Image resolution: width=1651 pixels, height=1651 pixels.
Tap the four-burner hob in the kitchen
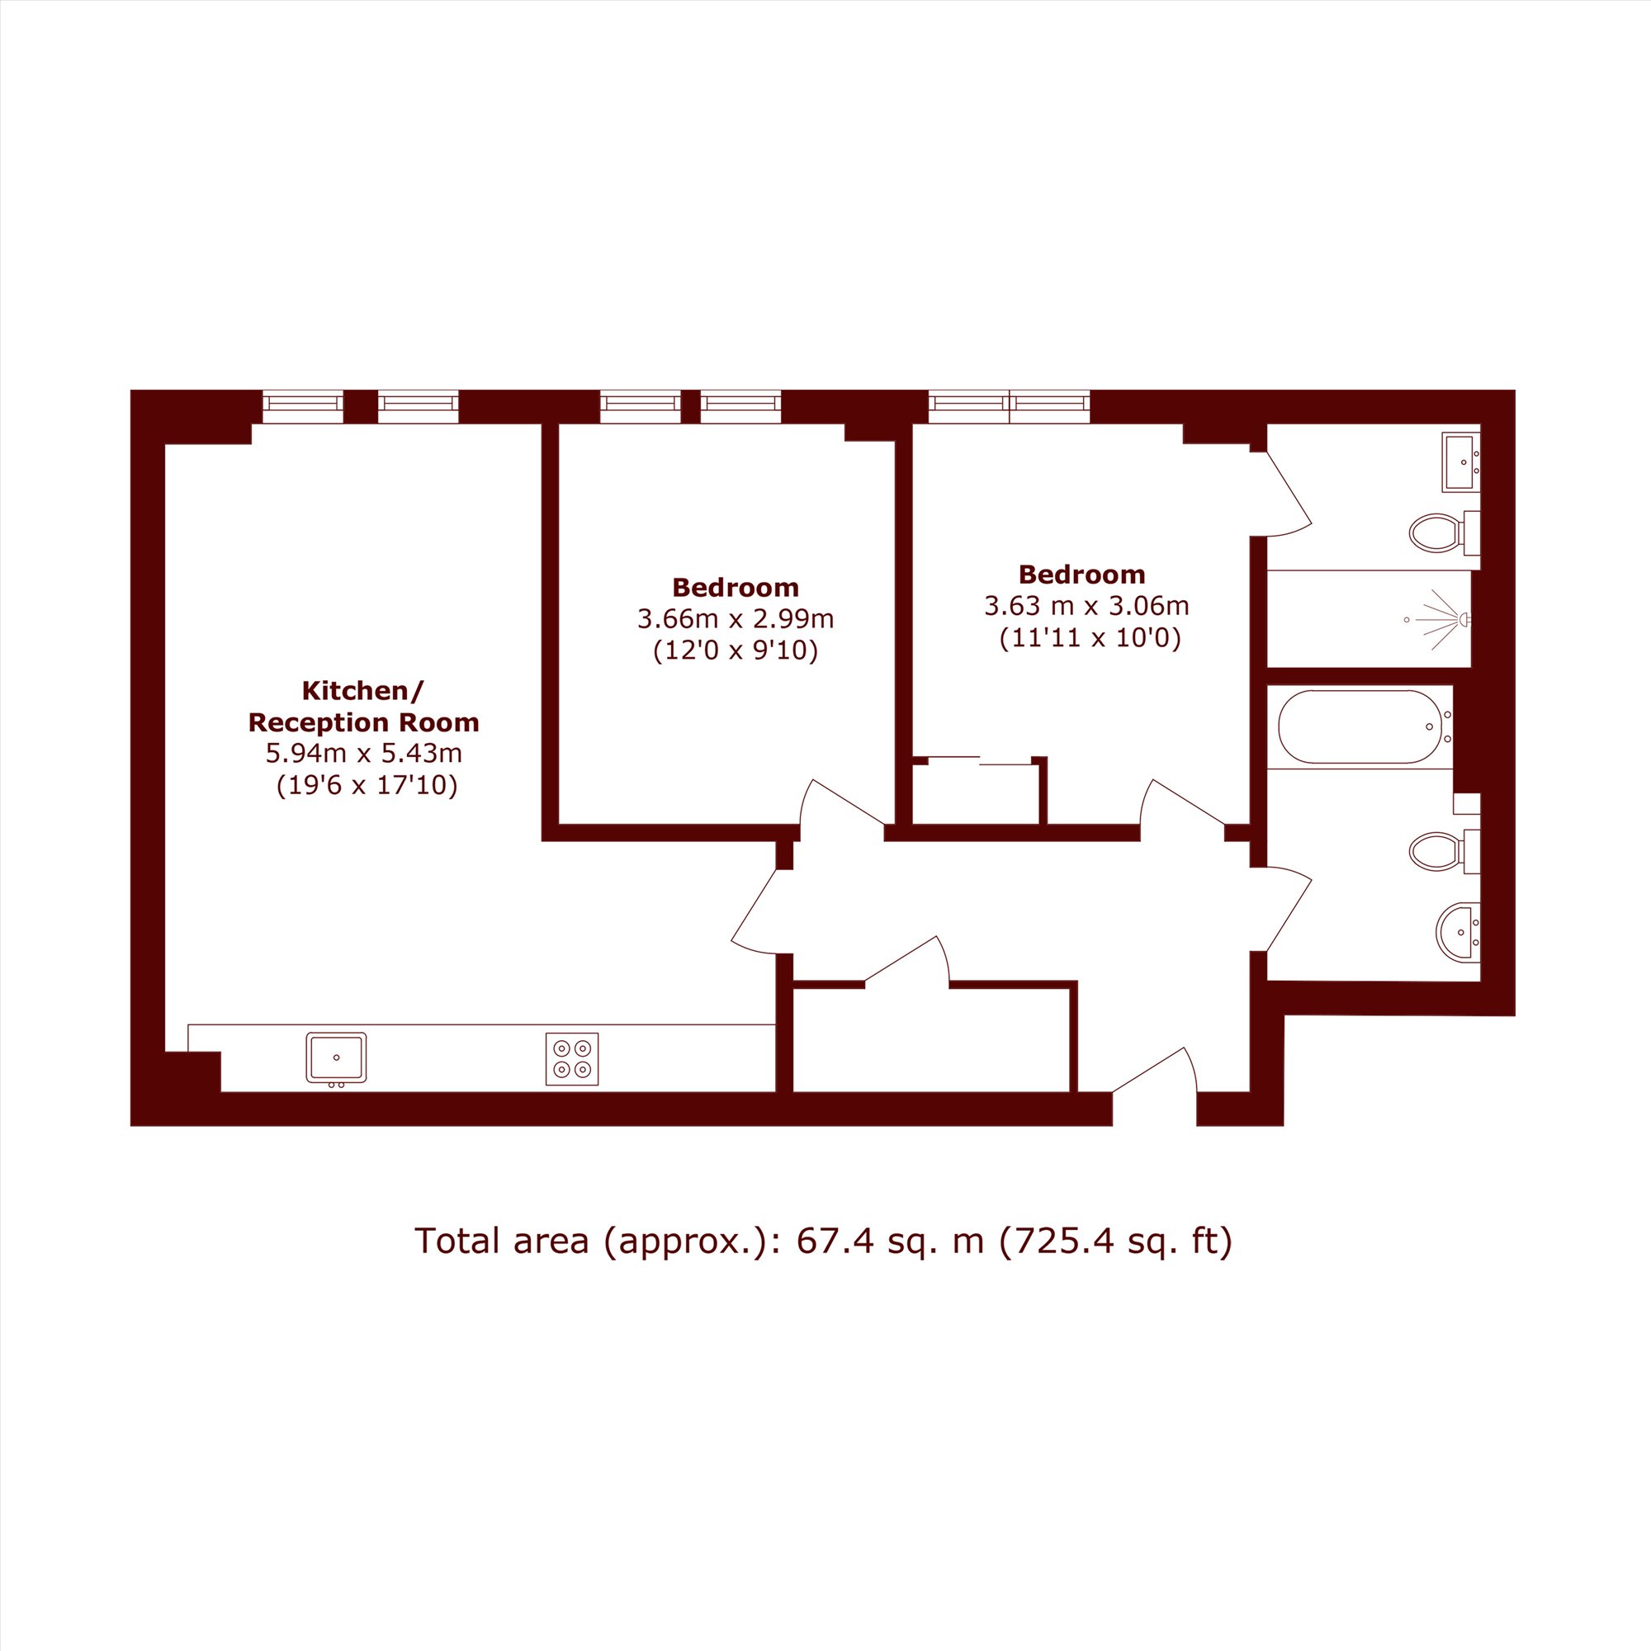click(572, 1059)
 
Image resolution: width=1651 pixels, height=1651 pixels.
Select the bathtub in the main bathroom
click(1360, 726)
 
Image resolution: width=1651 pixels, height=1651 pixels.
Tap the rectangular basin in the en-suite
click(1460, 462)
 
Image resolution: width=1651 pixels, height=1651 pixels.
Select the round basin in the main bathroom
click(1459, 932)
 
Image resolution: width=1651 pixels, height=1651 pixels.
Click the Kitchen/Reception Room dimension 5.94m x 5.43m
click(364, 753)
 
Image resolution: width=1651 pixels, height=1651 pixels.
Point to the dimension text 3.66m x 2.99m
click(736, 617)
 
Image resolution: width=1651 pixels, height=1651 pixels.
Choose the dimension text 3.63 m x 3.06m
click(1087, 606)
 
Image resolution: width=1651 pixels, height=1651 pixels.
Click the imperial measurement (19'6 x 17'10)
click(367, 784)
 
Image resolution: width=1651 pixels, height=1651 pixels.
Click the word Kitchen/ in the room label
click(363, 689)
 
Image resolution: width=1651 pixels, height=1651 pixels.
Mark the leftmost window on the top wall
click(302, 407)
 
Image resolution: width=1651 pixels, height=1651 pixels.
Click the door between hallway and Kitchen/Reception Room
click(754, 912)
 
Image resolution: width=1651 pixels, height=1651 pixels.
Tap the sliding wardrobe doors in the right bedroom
click(980, 760)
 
